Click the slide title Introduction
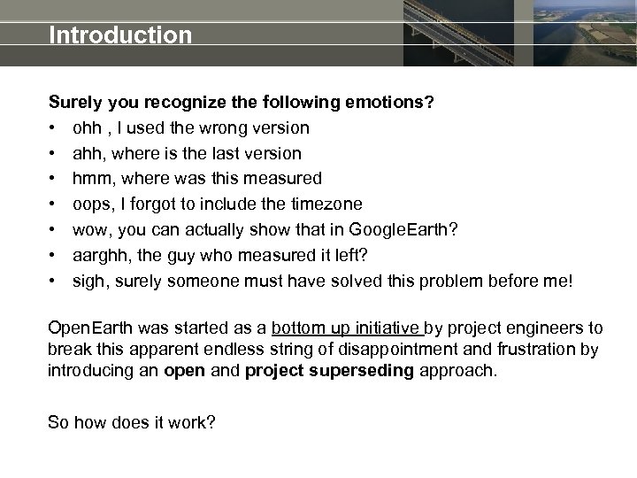click(x=120, y=35)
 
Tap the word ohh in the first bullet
click(x=87, y=128)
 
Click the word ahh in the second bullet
click(x=88, y=154)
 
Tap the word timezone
click(x=326, y=204)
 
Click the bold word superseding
click(x=363, y=370)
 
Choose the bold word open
click(x=184, y=370)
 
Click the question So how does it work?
click(x=131, y=422)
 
